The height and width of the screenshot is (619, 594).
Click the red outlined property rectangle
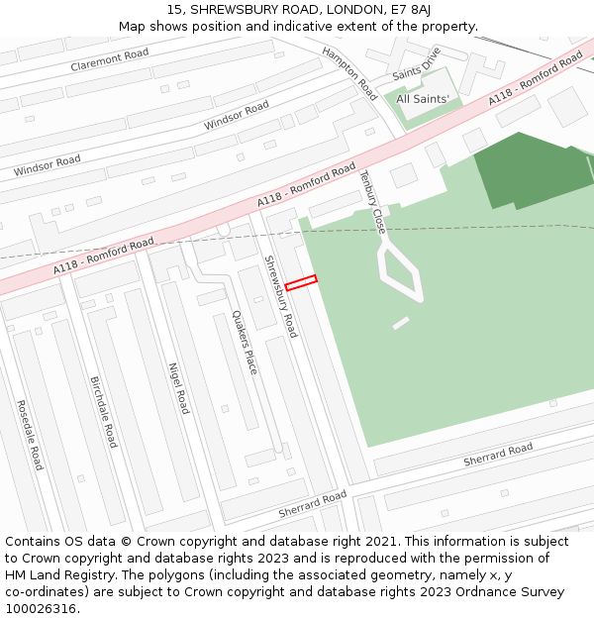pyautogui.click(x=301, y=283)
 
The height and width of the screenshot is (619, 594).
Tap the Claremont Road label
pyautogui.click(x=109, y=59)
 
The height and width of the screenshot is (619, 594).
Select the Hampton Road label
pyautogui.click(x=349, y=73)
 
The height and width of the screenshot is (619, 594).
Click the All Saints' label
pyautogui.click(x=423, y=99)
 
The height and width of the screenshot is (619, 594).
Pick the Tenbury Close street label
pyautogui.click(x=371, y=201)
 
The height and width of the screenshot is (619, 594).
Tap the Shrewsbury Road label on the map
pyautogui.click(x=279, y=296)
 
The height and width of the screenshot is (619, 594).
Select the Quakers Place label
pyautogui.click(x=245, y=342)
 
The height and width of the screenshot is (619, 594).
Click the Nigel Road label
pyautogui.click(x=178, y=387)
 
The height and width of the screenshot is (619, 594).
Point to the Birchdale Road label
pyautogui.click(x=104, y=412)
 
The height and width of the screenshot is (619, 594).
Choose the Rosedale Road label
pyautogui.click(x=31, y=435)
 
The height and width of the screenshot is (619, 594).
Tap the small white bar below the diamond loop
pyautogui.click(x=401, y=323)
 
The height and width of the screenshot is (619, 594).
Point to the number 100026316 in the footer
pyautogui.click(x=40, y=609)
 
